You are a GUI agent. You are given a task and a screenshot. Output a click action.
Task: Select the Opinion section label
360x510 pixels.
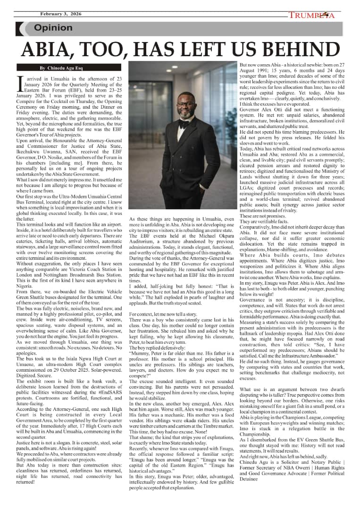53,28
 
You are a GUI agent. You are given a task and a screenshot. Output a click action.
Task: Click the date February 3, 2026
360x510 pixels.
61,14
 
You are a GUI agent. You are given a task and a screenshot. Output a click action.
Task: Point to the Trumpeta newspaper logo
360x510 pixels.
312,15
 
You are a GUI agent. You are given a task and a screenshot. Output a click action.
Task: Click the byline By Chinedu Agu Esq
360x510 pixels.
59,68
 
